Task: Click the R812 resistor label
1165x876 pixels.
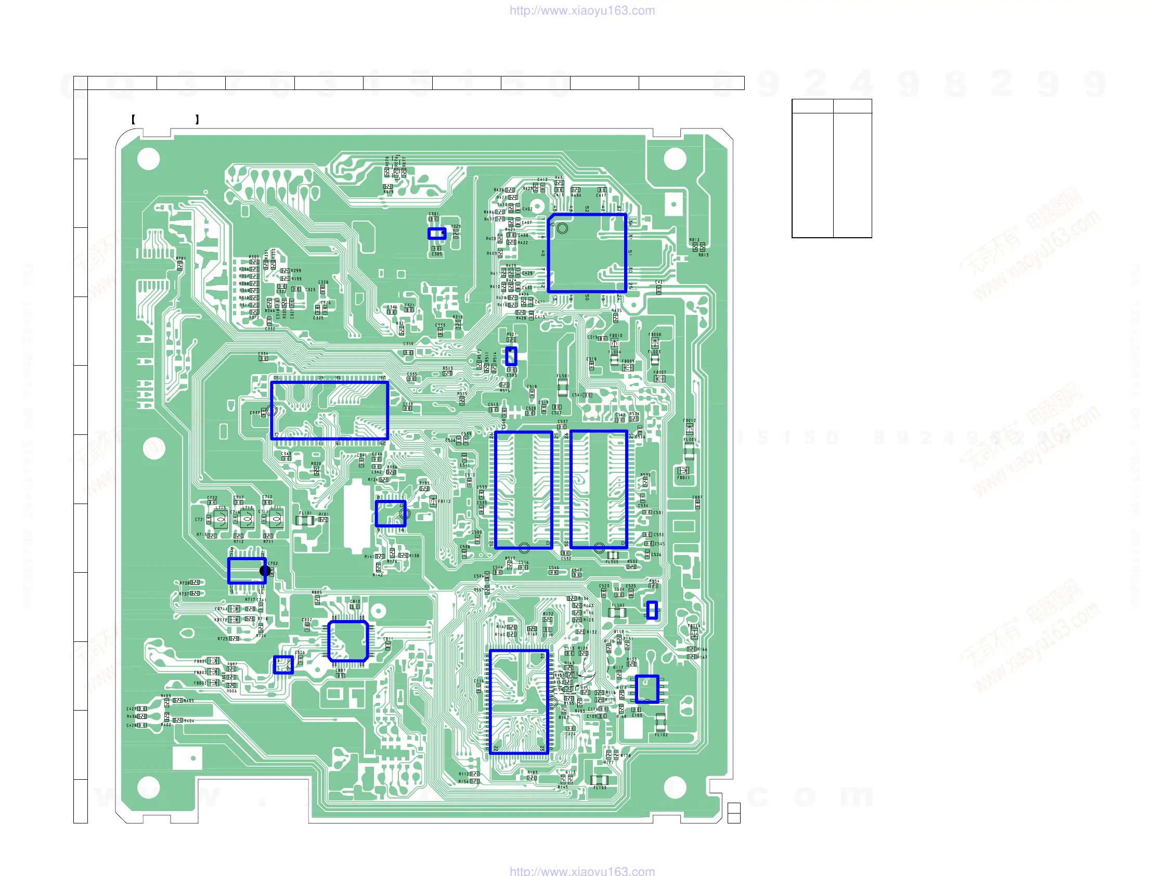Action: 694,240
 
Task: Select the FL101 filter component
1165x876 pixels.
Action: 305,520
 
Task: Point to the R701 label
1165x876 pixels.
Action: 180,259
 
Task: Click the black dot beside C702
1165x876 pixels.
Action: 265,571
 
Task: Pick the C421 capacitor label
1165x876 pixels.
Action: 659,282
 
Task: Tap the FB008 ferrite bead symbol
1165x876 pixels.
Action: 655,342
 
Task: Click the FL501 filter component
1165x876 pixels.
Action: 563,387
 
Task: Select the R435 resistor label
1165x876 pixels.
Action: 616,311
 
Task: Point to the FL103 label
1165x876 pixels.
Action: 600,788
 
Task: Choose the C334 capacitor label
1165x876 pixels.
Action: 263,354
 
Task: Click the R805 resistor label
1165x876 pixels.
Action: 316,592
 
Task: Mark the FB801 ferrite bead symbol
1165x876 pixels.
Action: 213,661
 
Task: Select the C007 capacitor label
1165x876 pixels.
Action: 697,497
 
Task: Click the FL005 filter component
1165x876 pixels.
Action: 690,450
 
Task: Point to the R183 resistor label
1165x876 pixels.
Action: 533,773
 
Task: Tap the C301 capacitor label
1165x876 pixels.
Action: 433,214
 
